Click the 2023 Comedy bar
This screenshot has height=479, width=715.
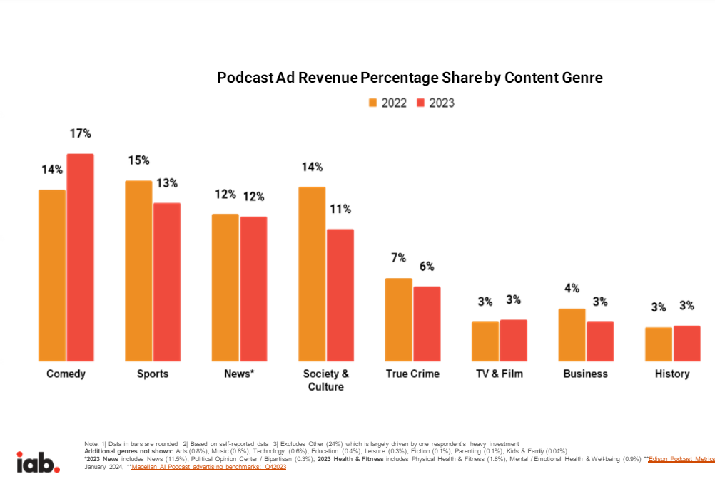tap(80, 257)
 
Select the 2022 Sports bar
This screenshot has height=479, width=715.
tap(138, 271)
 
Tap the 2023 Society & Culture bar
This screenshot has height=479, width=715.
tap(340, 295)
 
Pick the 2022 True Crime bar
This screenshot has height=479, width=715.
tap(398, 319)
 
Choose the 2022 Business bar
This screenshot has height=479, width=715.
tap(572, 335)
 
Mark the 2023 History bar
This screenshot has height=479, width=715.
tap(686, 344)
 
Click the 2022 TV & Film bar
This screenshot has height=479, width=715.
tap(485, 341)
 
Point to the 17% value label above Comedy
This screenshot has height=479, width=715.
tap(80, 133)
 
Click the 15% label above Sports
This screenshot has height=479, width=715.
tap(138, 160)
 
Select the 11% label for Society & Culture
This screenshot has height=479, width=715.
tap(340, 209)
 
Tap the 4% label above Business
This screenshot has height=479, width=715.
tap(572, 288)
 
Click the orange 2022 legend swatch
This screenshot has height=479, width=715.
tap(372, 103)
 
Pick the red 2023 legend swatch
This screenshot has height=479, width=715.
tap(421, 103)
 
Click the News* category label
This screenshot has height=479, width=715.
tap(238, 374)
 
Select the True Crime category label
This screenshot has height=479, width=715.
tap(412, 374)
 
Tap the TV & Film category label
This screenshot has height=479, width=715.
tap(499, 374)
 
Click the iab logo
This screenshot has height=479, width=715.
tap(39, 462)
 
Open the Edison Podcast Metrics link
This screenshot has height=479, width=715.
tap(681, 460)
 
